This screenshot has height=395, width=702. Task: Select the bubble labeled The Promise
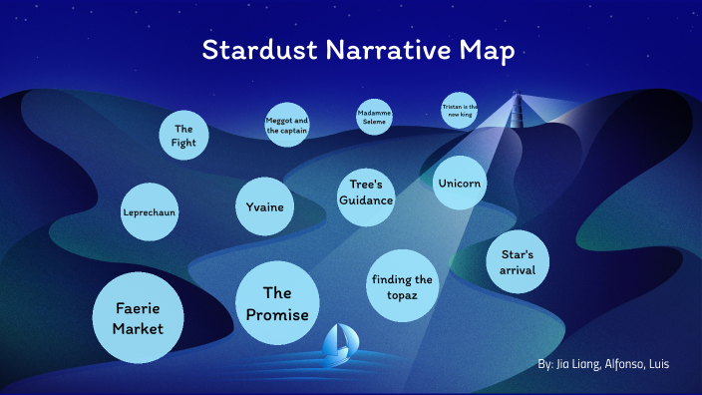[x=277, y=303]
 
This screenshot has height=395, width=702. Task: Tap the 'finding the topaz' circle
[x=402, y=287]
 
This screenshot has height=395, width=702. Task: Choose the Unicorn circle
[x=460, y=184]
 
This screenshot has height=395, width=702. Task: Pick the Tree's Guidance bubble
[x=366, y=193]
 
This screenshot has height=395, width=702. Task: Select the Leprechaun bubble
[x=150, y=212]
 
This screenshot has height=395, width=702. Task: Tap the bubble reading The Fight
[x=183, y=136]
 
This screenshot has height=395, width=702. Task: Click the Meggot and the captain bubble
[x=287, y=126]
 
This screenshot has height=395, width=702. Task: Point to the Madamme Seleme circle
[x=374, y=118]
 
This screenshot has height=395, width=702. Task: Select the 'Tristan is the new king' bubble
[x=460, y=110]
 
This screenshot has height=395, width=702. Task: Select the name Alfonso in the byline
[x=623, y=365]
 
